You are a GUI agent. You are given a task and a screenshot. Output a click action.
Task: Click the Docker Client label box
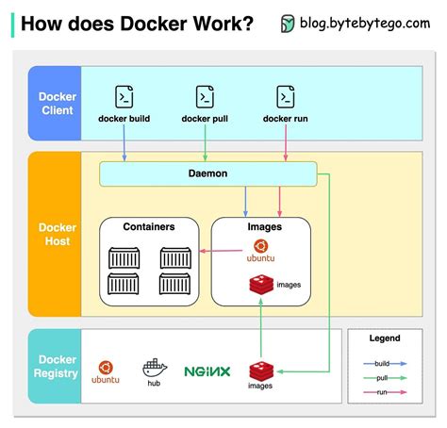pyautogui.click(x=57, y=104)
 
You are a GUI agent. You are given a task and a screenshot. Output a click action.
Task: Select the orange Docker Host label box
pyautogui.click(x=57, y=234)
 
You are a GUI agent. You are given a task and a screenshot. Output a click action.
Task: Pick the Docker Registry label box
pyautogui.click(x=57, y=367)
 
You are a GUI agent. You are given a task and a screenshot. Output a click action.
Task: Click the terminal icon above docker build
pyautogui.click(x=124, y=96)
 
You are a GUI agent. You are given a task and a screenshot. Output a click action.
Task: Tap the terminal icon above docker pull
pyautogui.click(x=205, y=96)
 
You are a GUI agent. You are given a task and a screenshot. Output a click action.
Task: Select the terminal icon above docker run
pyautogui.click(x=286, y=96)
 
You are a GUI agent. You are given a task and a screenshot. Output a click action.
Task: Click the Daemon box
pyautogui.click(x=207, y=173)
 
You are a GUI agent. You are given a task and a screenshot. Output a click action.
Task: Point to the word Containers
pyautogui.click(x=150, y=227)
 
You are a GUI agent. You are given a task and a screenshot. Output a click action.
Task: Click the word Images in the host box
pyautogui.click(x=264, y=227)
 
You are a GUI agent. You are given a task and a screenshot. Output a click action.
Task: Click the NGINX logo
pyautogui.click(x=207, y=371)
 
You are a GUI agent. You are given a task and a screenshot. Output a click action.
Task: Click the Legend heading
pyautogui.click(x=384, y=337)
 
